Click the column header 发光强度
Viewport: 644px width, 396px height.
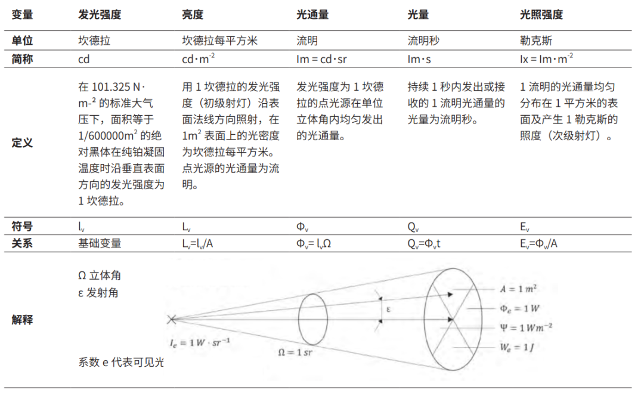[100, 15]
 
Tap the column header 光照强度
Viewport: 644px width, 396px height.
[541, 15]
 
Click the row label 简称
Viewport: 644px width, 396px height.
[23, 59]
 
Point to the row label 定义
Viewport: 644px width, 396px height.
[23, 144]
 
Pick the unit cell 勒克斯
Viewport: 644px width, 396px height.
[536, 42]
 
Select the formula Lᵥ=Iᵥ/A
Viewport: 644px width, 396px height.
[201, 243]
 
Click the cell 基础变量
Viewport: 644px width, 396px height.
[100, 243]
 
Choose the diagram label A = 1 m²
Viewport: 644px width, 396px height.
[518, 289]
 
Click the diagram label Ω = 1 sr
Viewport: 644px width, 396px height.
[295, 352]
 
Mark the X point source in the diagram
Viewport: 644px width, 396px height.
[172, 320]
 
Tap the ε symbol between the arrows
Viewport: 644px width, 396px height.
[388, 309]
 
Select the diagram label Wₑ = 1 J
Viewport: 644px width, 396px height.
[516, 346]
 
